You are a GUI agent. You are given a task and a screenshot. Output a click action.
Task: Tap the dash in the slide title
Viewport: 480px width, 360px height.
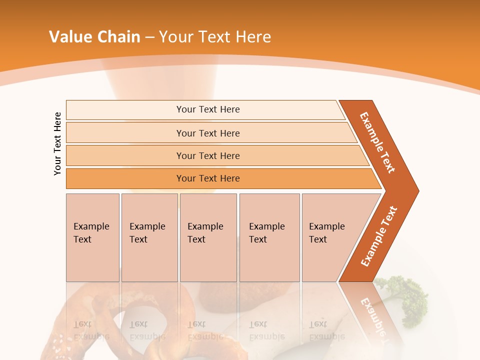click(x=150, y=37)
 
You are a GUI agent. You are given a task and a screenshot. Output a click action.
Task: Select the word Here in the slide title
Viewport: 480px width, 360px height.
click(x=253, y=37)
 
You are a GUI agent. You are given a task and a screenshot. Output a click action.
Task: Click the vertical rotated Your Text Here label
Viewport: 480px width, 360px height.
click(x=57, y=143)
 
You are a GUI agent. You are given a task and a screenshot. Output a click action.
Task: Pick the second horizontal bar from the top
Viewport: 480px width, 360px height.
click(x=207, y=133)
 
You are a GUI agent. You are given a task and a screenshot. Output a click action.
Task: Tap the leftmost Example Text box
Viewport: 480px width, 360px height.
click(x=92, y=237)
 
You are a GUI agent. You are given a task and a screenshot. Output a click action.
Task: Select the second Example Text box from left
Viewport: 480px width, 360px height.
click(x=149, y=237)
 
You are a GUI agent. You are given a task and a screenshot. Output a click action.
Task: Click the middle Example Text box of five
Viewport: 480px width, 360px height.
click(x=208, y=237)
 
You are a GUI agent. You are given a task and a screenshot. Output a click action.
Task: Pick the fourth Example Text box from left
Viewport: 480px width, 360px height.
click(x=269, y=237)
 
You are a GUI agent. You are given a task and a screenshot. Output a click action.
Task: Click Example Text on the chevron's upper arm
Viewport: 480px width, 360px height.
click(x=377, y=142)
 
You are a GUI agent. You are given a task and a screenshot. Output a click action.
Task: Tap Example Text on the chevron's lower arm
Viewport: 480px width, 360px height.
click(x=379, y=236)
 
